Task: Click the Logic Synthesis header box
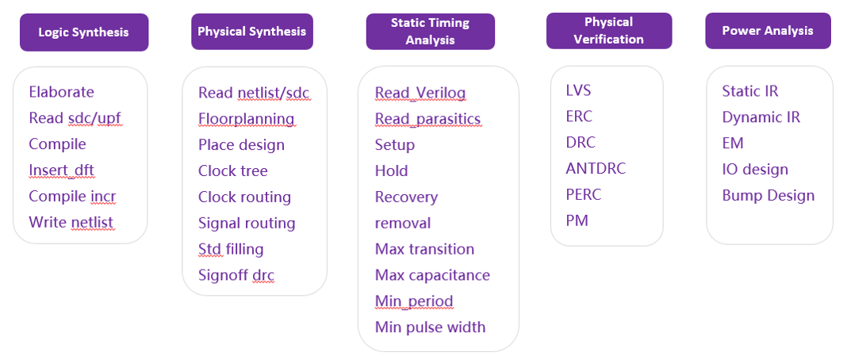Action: (x=84, y=33)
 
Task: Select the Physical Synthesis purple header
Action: (x=252, y=31)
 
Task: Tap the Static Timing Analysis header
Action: (x=430, y=32)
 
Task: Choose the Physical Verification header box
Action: (x=609, y=31)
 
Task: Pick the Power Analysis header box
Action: (x=768, y=31)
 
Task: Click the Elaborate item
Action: (x=61, y=92)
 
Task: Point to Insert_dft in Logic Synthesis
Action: (x=61, y=170)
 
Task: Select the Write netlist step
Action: (x=71, y=222)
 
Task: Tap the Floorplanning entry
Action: (x=246, y=119)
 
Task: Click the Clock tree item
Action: (x=233, y=170)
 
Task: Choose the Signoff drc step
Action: (x=236, y=276)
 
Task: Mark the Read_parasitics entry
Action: (x=427, y=119)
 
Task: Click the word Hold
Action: (x=392, y=170)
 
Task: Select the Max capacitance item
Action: (x=432, y=276)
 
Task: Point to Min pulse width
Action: (x=430, y=327)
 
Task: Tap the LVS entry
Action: (x=578, y=90)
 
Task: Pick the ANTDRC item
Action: (x=596, y=169)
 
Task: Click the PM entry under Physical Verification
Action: (x=577, y=220)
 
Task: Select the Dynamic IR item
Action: (x=761, y=117)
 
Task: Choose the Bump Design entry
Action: (x=768, y=196)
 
